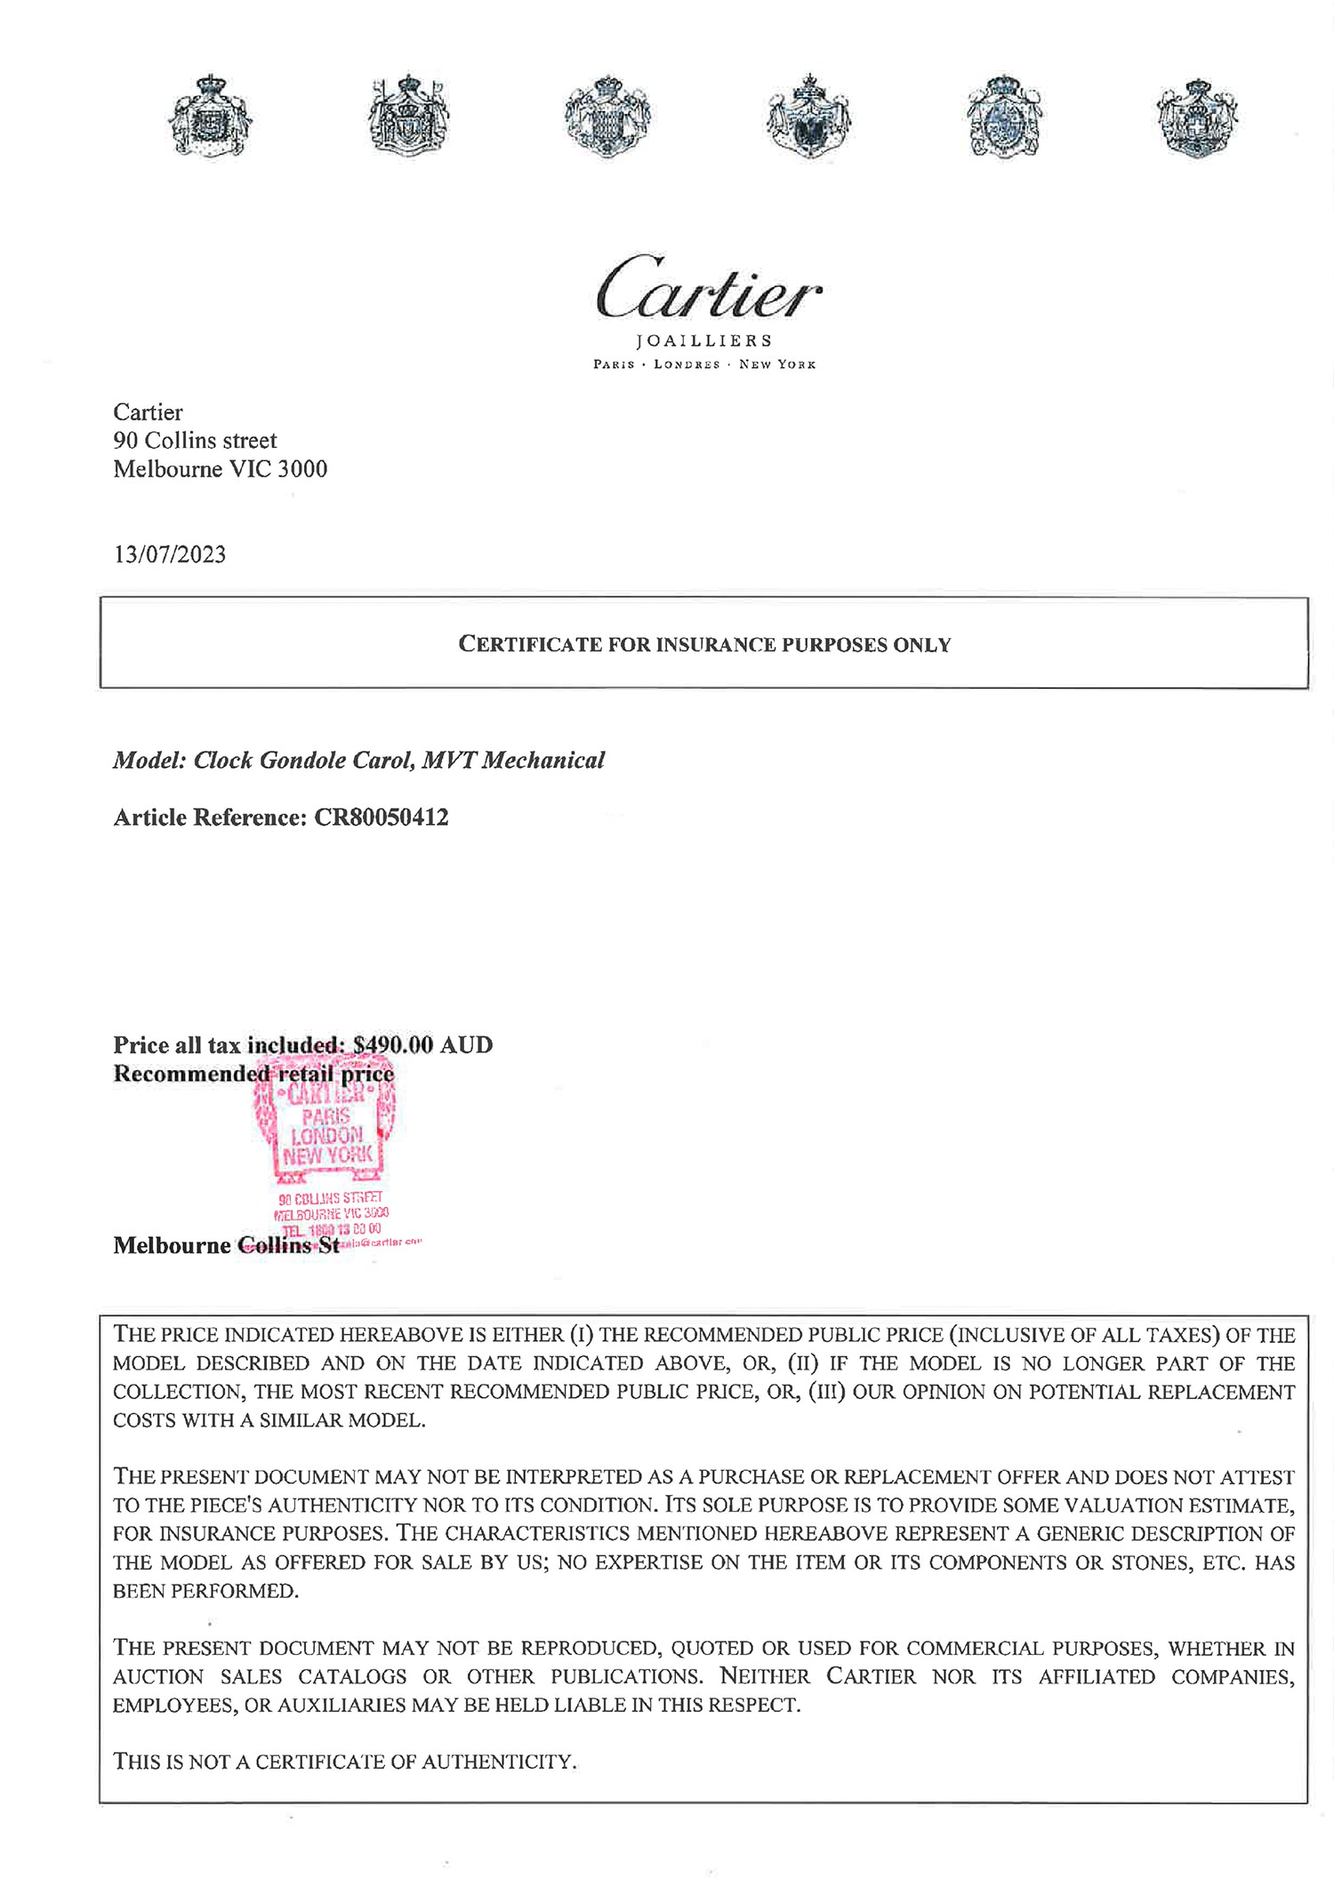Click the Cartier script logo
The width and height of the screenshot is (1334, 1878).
click(709, 286)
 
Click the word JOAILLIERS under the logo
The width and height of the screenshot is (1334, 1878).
click(704, 341)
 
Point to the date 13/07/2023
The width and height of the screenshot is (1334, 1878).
click(169, 555)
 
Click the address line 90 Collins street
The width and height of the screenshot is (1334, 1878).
click(195, 441)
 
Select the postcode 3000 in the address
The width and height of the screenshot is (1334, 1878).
click(302, 469)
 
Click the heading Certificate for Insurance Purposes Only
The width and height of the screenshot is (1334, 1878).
click(704, 644)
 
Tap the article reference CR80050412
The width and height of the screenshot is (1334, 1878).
click(381, 818)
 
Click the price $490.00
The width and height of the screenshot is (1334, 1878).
click(392, 1045)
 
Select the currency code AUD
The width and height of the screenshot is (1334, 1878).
click(466, 1045)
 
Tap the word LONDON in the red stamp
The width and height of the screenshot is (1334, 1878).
click(327, 1136)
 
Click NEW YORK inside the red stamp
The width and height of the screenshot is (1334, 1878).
click(327, 1156)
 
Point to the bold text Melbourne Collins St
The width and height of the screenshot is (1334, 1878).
click(226, 1245)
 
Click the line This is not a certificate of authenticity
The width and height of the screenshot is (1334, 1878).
click(345, 1762)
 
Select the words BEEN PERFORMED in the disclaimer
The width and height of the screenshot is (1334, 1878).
click(205, 1591)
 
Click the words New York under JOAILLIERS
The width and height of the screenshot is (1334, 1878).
click(777, 364)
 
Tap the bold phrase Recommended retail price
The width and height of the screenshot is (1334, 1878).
click(253, 1074)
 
